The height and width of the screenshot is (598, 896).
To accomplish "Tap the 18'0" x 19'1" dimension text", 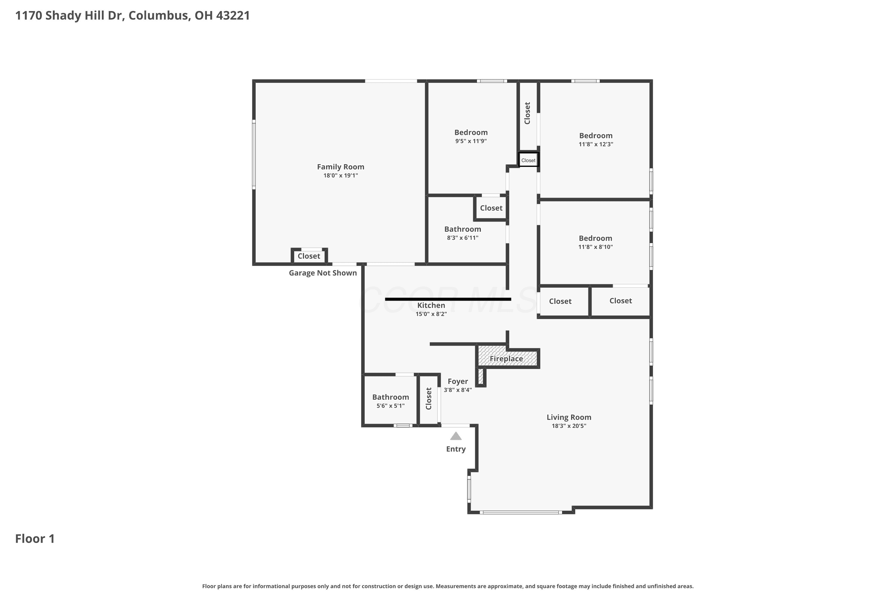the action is point(340,176).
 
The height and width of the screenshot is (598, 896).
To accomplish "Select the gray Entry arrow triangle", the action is point(456,436).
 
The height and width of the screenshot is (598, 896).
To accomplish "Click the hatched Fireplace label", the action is point(506,359).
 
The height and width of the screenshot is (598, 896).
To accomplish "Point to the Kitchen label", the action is point(431,305).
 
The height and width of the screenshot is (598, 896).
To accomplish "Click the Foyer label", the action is point(458,382).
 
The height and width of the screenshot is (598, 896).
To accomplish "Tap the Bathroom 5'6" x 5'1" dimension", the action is point(390,406).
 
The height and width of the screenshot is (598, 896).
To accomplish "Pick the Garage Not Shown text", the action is point(323,273).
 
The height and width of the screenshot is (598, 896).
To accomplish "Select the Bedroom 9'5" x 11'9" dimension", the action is point(471,141).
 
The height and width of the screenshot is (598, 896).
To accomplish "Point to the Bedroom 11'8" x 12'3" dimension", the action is point(596,144).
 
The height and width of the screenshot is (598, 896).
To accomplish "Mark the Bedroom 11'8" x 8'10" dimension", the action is point(596,247).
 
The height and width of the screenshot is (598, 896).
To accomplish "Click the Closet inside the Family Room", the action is point(309,256).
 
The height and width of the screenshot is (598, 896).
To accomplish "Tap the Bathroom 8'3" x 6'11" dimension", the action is point(462,238).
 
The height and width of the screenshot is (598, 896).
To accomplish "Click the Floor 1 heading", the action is point(35,538).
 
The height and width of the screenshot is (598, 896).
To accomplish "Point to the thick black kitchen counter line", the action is point(448,299).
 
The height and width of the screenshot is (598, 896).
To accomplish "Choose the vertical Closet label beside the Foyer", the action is point(429,399).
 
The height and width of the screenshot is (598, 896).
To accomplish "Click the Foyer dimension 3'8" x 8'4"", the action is point(458,390).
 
